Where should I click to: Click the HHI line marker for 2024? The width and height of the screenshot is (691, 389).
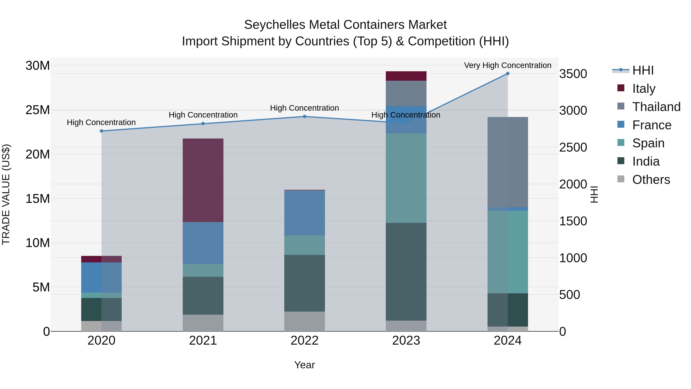click(x=508, y=74)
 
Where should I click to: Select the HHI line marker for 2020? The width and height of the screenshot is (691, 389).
click(x=101, y=131)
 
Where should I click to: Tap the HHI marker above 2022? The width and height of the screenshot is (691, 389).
click(x=304, y=117)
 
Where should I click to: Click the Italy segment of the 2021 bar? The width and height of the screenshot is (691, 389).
click(x=203, y=180)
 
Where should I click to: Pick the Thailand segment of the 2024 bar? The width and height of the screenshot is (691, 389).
click(x=508, y=162)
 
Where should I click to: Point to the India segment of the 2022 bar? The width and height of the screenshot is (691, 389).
click(x=304, y=283)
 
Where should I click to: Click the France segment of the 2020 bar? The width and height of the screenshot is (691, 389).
click(x=101, y=277)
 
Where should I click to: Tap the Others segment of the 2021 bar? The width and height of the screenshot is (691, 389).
click(x=203, y=323)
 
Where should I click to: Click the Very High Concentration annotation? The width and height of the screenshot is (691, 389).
click(x=508, y=65)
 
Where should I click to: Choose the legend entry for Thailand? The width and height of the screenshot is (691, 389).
click(x=656, y=107)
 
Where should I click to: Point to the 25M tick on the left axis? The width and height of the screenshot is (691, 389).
click(x=38, y=110)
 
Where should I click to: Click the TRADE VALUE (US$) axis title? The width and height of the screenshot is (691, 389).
click(x=6, y=194)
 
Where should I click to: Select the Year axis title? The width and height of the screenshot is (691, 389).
click(x=304, y=365)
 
